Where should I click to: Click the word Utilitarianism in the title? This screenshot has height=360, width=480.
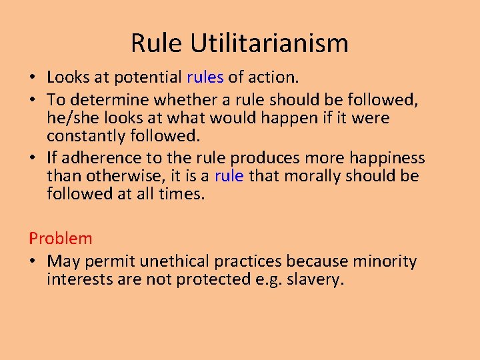pyautogui.click(x=269, y=43)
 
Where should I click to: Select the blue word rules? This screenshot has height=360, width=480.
pyautogui.click(x=205, y=77)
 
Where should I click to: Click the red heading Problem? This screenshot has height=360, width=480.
pyautogui.click(x=61, y=238)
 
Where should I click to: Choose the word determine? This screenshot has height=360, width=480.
pyautogui.click(x=109, y=99)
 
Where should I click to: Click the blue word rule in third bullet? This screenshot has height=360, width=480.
pyautogui.click(x=229, y=176)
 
